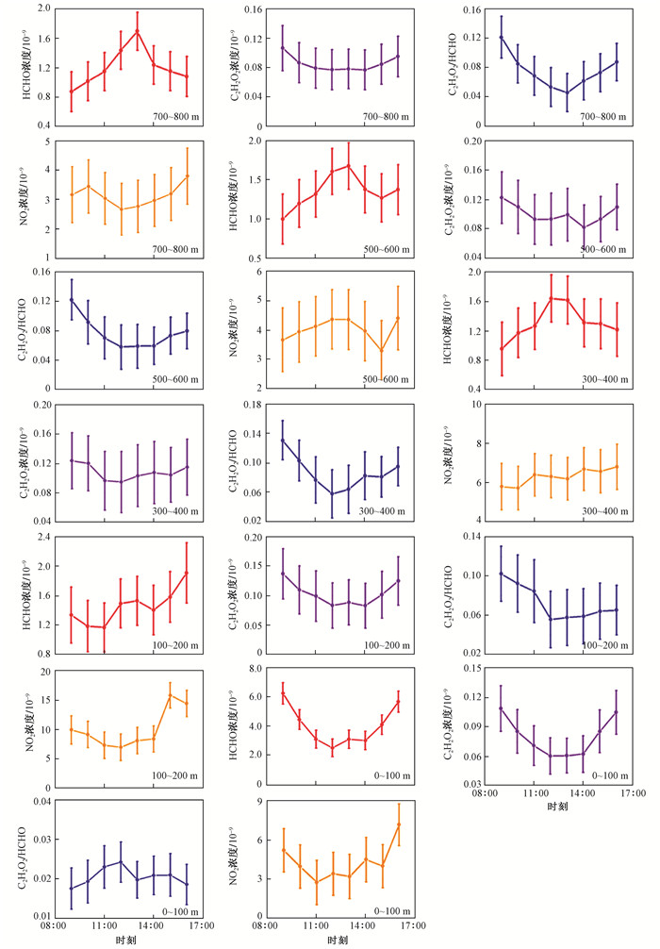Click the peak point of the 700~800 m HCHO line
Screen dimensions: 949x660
(137, 31)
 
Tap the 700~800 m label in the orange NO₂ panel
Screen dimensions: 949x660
(175, 247)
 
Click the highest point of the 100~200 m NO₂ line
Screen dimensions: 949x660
(171, 695)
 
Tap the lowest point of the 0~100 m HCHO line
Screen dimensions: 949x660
(332, 748)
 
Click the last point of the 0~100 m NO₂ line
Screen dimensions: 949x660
(399, 824)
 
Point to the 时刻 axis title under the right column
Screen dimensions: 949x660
(556, 807)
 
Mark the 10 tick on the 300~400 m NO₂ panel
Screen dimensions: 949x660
(482, 405)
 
